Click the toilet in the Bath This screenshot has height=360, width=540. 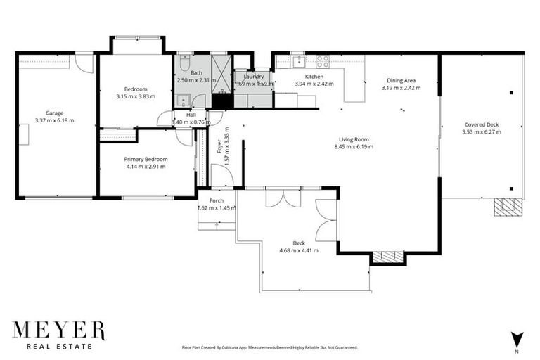pos(182,63)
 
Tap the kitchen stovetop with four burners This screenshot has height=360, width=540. pos(323,61)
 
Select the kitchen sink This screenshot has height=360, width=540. pos(297,60)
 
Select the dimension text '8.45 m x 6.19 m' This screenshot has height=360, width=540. pos(354,147)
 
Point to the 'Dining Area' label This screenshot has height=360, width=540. pos(401,80)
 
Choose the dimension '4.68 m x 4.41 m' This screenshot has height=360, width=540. pos(299,250)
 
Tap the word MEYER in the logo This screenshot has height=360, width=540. pos(59,331)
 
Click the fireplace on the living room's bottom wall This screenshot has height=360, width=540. pos(388,257)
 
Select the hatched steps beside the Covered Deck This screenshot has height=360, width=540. pos(508,207)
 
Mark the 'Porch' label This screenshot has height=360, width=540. pos(216,200)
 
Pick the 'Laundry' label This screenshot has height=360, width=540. pos(250,77)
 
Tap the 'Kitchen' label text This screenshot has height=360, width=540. pos(314,77)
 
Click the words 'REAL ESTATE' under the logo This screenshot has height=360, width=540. pos(59,347)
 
